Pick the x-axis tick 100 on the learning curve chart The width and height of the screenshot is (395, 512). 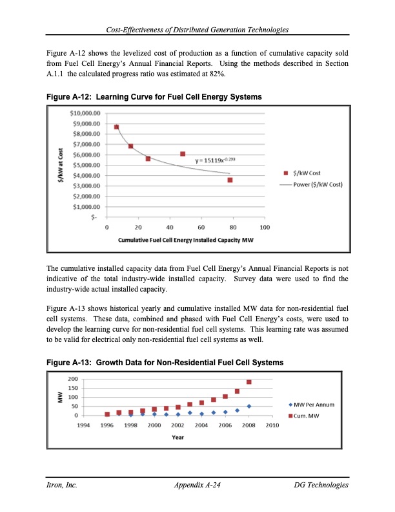click(264, 228)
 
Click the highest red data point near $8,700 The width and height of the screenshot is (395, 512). click(116, 127)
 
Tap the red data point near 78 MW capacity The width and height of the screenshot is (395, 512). click(230, 180)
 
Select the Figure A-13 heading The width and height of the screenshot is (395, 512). click(165, 363)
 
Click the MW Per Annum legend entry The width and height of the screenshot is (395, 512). click(312, 404)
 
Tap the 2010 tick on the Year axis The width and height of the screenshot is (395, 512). click(272, 425)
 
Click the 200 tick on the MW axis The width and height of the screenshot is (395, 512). click(73, 379)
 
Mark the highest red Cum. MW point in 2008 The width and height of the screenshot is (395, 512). click(248, 382)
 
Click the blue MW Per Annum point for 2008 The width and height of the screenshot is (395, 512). click(248, 406)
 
